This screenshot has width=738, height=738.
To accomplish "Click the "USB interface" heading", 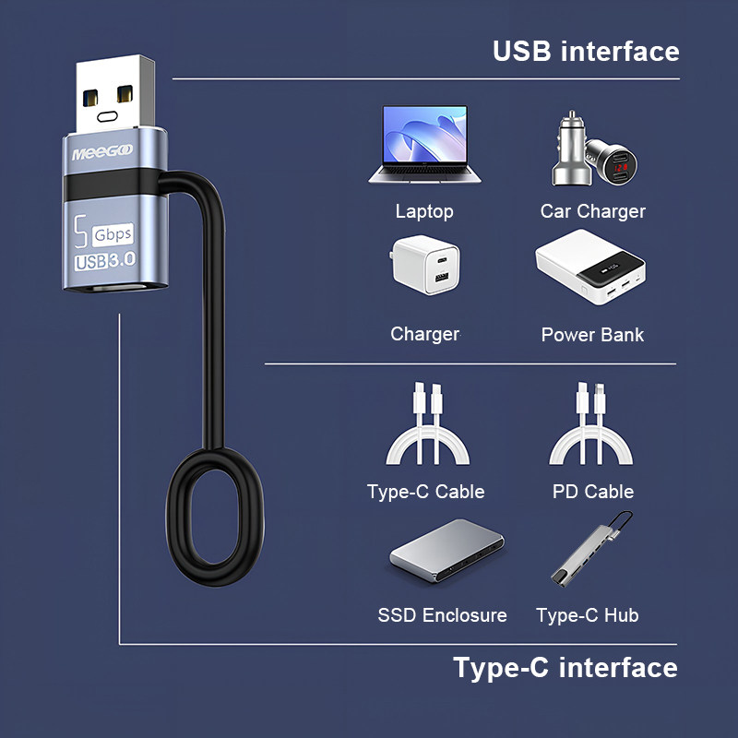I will coord(586,51).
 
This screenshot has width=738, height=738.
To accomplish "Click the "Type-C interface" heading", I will coord(565,667).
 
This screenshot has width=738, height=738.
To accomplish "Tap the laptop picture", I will coord(423,146).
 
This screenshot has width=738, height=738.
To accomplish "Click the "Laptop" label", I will coord(424,211).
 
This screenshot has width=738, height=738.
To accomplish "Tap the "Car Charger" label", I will coord(592,211).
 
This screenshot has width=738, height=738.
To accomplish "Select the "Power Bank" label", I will coord(592,334).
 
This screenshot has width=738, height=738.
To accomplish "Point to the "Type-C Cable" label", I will coord(425,492).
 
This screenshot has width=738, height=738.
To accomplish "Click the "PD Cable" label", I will coord(592,492).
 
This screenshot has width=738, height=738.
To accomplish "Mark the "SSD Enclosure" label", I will coord(442,614).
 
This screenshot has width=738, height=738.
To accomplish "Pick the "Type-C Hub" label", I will coord(587,614).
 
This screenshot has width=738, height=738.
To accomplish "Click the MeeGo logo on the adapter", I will coord(102,150).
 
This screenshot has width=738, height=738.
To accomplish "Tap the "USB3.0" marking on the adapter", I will coord(104,260).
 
